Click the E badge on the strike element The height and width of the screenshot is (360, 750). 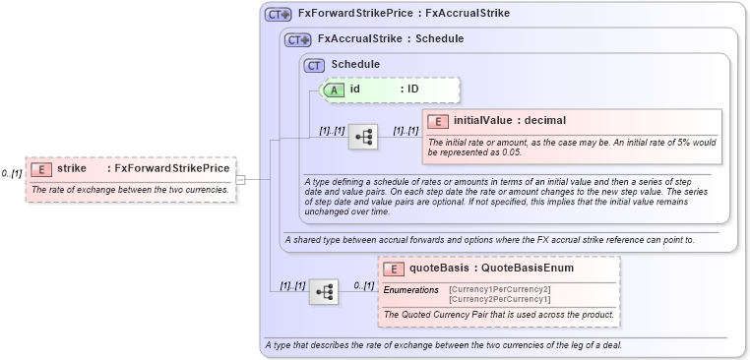40,168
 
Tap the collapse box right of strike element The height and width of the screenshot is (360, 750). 240,179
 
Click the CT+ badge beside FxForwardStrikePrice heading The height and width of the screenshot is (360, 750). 279,15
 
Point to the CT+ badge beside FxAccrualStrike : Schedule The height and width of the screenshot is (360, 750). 298,39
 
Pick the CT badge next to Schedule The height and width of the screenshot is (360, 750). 315,65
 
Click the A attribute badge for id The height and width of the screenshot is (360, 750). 334,90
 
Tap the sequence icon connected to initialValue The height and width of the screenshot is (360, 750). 363,136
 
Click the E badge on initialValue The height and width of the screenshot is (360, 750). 439,121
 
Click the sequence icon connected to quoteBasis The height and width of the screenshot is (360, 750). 323,291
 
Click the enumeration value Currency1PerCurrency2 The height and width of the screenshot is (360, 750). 500,289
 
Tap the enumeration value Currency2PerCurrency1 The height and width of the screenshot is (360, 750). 500,299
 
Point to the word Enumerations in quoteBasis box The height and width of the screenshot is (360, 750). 410,290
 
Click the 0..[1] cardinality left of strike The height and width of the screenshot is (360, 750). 12,174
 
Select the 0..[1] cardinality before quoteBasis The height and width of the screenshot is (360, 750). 363,286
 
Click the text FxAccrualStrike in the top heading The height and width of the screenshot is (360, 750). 468,15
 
